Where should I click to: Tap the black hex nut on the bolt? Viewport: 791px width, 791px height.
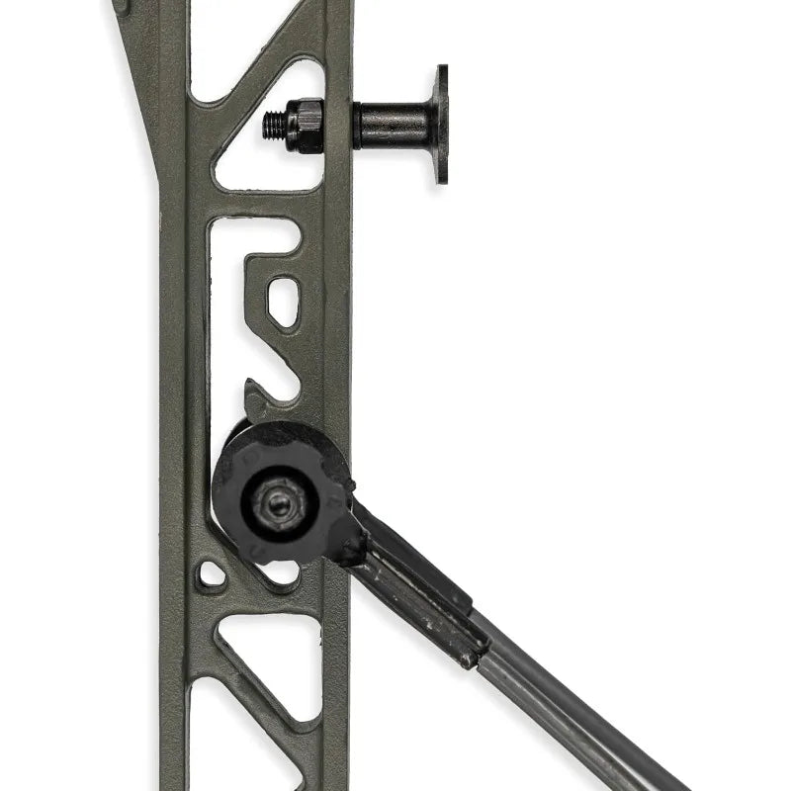306,125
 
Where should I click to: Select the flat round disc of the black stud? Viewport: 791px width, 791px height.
440,125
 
